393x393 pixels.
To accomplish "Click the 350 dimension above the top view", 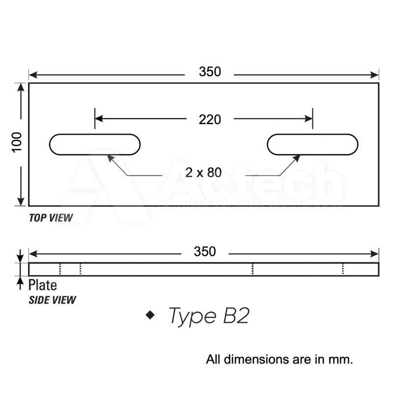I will (x=210, y=72).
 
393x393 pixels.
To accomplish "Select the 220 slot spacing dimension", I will (x=210, y=119).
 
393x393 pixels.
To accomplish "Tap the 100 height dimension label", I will (x=18, y=142).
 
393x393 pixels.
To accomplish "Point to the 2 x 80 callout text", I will (x=204, y=172).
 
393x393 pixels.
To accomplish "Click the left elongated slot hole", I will (x=95, y=144).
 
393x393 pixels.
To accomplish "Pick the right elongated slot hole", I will (x=312, y=144).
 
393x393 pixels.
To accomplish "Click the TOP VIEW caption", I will (x=51, y=218).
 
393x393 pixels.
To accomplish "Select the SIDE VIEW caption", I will (x=53, y=299).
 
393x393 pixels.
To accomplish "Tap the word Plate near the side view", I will (x=42, y=285).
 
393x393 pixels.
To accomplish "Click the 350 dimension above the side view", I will (x=204, y=252).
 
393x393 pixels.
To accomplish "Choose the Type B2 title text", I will (x=209, y=316).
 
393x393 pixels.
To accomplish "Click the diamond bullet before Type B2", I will (x=150, y=315).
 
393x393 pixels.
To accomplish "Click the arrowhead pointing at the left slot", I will (x=111, y=158).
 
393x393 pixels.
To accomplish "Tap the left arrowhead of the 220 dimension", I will (x=99, y=118).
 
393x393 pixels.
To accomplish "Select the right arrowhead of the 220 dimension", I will (x=309, y=118).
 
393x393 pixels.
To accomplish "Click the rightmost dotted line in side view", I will (x=343, y=269).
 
